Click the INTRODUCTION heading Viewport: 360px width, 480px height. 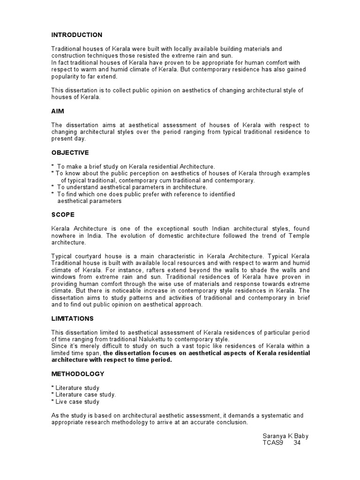click(77, 35)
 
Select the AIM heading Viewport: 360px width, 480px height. click(57, 112)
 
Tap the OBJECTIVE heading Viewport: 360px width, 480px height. click(70, 152)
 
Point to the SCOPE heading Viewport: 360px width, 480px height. click(63, 215)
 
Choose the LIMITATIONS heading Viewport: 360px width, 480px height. click(72, 318)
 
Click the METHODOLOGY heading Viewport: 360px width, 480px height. click(78, 374)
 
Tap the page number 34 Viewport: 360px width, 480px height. click(297, 443)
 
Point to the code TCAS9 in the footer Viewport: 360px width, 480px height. click(273, 443)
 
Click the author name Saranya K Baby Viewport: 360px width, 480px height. click(285, 436)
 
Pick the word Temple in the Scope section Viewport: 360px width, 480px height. click(298, 236)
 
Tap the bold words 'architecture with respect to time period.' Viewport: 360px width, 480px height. click(112, 360)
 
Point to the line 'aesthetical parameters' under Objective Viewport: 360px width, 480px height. click(89, 201)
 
